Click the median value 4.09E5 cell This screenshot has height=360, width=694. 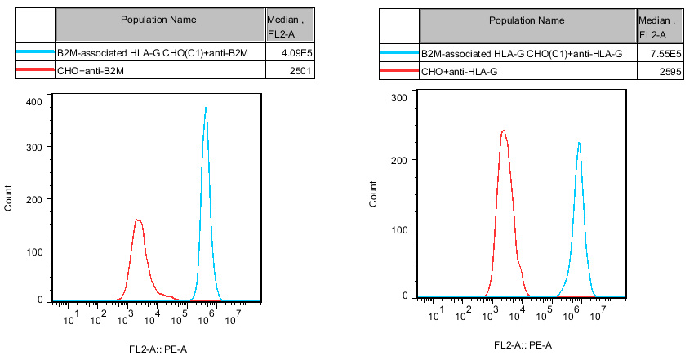(x=291, y=53)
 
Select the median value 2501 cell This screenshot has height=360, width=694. (x=291, y=72)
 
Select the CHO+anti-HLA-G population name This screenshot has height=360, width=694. (x=460, y=72)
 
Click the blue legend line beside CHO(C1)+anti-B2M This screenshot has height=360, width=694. (x=35, y=53)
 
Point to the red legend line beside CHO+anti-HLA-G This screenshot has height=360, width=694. (x=399, y=72)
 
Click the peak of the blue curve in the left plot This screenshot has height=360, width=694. (x=206, y=108)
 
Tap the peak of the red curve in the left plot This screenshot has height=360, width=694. (x=138, y=220)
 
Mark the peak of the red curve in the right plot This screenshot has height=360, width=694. (x=503, y=131)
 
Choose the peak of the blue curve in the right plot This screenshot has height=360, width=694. (x=579, y=143)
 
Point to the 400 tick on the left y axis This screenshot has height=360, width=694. (x=34, y=101)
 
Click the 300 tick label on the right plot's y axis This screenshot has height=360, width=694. (x=398, y=97)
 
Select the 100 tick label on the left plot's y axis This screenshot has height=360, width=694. (x=34, y=251)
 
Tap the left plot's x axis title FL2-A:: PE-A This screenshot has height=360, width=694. (x=158, y=349)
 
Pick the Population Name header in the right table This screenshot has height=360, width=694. (x=527, y=20)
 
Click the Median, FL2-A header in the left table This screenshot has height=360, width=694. (x=290, y=27)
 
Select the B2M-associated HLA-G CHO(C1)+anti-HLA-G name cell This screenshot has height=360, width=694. (x=522, y=53)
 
